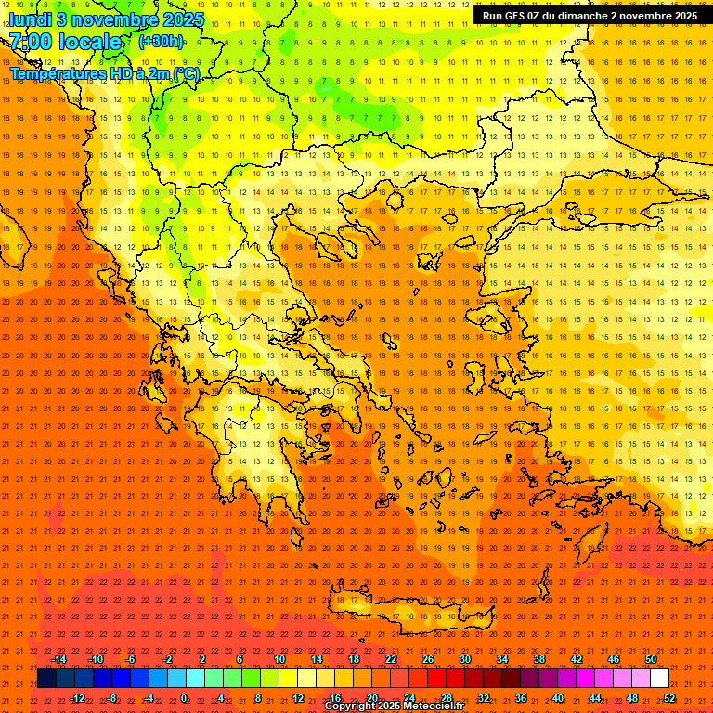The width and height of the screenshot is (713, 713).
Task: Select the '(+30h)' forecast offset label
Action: [x=161, y=41]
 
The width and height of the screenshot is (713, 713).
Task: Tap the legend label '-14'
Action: [x=58, y=659]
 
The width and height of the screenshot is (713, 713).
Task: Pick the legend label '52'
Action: [x=669, y=697]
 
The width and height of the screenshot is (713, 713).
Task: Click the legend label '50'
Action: [x=651, y=659]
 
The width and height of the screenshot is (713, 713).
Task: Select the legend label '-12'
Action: [x=77, y=697]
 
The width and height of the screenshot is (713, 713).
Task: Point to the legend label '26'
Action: [x=428, y=659]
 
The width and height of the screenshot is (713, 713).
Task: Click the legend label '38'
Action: [x=539, y=659]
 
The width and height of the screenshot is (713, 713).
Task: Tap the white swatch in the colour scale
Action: [x=660, y=679]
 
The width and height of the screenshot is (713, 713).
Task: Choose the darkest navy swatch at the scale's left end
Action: [x=46, y=679]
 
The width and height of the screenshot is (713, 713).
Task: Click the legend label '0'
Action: [x=184, y=697]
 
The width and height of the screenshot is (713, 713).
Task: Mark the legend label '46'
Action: [x=614, y=659]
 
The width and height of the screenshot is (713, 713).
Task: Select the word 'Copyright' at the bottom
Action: [x=351, y=707]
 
